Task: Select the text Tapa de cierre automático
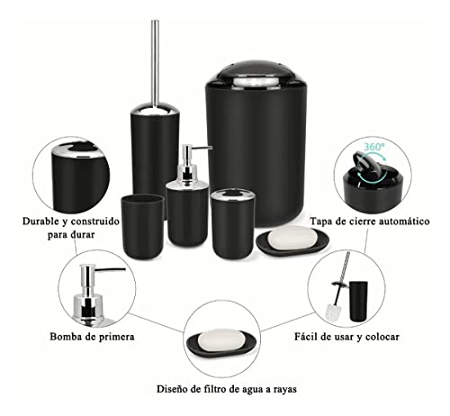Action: tap(369, 220)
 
